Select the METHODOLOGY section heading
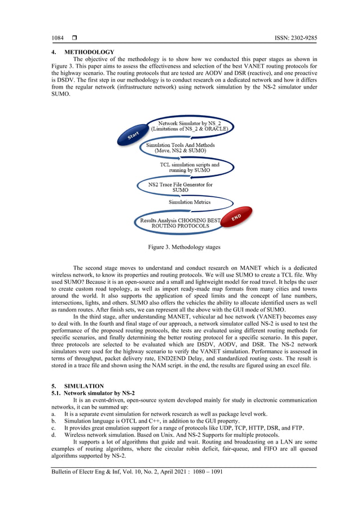pyautogui.click(x=89, y=52)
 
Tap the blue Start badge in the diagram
pyautogui.click(x=133, y=135)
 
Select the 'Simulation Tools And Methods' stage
pyautogui.click(x=176, y=148)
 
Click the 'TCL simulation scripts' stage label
pyautogui.click(x=189, y=167)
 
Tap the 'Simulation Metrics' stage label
pyautogui.click(x=189, y=201)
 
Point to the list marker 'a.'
pyautogui.click(x=54, y=414)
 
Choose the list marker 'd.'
pyautogui.click(x=54, y=435)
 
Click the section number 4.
pyautogui.click(x=53, y=52)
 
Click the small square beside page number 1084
pyautogui.click(x=74, y=38)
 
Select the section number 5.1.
pyautogui.click(x=55, y=392)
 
